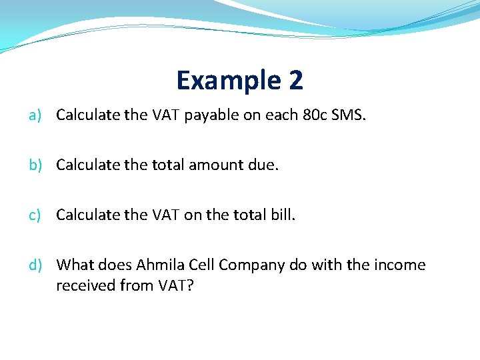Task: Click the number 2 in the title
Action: click(x=296, y=81)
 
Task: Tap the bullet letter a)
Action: click(x=35, y=115)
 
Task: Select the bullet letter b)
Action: click(x=35, y=165)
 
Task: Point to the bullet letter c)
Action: click(x=35, y=215)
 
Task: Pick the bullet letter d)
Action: click(x=35, y=265)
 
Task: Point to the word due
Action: click(x=263, y=165)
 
